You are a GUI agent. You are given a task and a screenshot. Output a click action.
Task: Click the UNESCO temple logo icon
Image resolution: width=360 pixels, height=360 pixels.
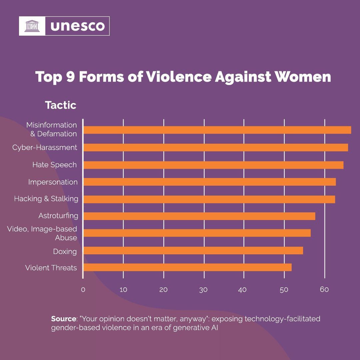(x=32, y=26)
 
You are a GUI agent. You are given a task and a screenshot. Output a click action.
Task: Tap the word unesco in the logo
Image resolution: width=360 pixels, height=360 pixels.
(x=78, y=26)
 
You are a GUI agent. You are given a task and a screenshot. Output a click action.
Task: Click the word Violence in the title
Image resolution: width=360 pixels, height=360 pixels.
(x=179, y=77)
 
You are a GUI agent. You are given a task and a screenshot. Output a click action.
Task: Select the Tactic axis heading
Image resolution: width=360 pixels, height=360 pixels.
(x=61, y=105)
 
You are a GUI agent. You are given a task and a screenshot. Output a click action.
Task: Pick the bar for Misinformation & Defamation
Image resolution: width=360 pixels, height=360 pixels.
(x=217, y=130)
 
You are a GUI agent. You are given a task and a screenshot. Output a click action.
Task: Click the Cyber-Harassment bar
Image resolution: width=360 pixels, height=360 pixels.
(x=215, y=147)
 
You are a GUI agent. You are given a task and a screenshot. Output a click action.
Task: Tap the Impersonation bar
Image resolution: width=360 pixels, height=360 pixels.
(x=209, y=182)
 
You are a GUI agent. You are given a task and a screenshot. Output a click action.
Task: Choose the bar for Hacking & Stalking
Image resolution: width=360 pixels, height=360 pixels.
(x=209, y=199)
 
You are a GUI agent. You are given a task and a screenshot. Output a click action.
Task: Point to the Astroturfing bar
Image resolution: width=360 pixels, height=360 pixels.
(x=199, y=216)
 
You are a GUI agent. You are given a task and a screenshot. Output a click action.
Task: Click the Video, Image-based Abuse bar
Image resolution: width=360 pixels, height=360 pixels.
(x=197, y=233)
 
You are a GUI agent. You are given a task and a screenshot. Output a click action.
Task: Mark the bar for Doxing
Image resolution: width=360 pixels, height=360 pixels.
(x=193, y=250)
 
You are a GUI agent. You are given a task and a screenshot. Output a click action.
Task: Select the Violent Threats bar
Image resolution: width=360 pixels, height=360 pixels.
(x=187, y=267)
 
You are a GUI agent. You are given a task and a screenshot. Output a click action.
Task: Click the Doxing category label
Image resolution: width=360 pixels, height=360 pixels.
(x=65, y=251)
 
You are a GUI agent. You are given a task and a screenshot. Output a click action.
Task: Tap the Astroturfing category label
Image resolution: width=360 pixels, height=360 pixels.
(x=58, y=216)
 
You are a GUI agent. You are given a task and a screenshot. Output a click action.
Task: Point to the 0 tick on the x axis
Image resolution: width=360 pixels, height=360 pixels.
(x=83, y=290)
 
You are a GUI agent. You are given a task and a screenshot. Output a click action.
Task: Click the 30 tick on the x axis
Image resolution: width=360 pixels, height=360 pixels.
(x=203, y=290)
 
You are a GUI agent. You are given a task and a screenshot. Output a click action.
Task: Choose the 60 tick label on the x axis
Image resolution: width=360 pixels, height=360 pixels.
(x=324, y=289)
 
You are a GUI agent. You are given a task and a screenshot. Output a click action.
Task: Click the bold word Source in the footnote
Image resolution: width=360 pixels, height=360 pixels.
(x=63, y=319)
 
